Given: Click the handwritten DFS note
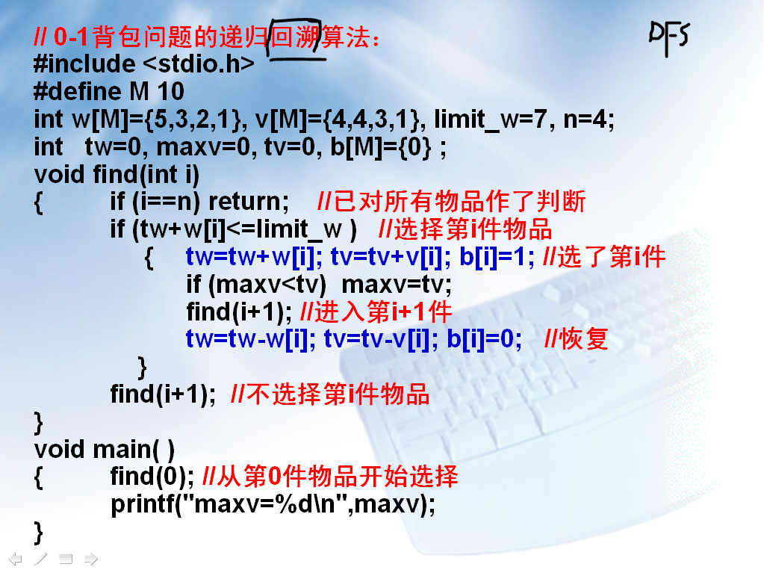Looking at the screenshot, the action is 669,38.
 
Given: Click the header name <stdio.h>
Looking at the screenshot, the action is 199,64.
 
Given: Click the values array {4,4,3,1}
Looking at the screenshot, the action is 373,120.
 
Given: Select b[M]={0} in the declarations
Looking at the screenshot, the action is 381,147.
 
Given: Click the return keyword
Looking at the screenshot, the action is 249,202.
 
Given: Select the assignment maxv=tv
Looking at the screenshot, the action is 396,285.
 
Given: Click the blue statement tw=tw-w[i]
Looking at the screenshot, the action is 247,339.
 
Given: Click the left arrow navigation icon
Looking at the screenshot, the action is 15,559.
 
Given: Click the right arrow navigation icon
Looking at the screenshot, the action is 91,559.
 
